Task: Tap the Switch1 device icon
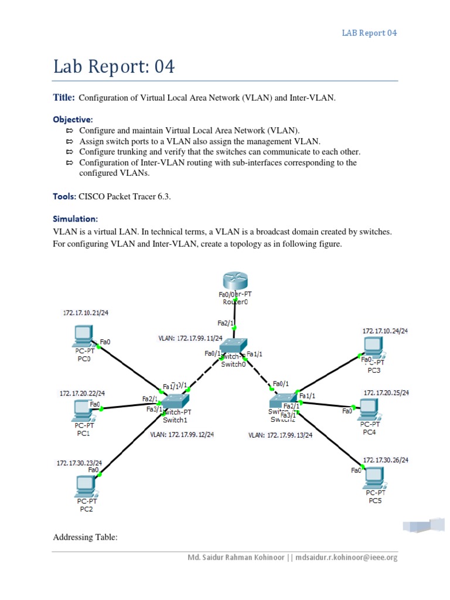[x=175, y=401]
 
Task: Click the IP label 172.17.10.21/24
[x=86, y=313]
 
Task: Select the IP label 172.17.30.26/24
[x=386, y=460]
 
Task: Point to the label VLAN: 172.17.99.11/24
[x=185, y=338]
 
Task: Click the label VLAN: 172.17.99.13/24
[x=280, y=435]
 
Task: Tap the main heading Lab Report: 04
[x=114, y=67]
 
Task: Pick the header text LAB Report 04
[x=369, y=33]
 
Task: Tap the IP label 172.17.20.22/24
[x=82, y=393]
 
